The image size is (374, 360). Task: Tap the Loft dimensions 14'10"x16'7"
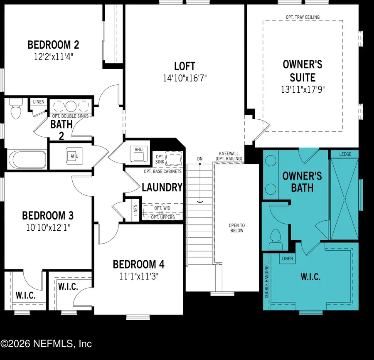(185, 77)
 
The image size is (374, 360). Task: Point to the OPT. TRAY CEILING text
(303, 17)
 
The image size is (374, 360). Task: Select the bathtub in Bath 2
(27, 159)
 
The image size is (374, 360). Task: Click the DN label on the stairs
(200, 158)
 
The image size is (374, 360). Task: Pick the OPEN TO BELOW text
(236, 228)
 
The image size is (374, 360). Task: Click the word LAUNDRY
(162, 187)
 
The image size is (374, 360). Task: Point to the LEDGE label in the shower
(345, 154)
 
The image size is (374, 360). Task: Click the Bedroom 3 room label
(48, 216)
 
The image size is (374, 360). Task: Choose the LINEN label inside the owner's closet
(287, 259)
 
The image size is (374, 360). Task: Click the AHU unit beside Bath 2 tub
(74, 155)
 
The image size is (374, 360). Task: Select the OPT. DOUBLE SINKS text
(70, 116)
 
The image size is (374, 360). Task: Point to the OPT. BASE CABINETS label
(154, 171)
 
